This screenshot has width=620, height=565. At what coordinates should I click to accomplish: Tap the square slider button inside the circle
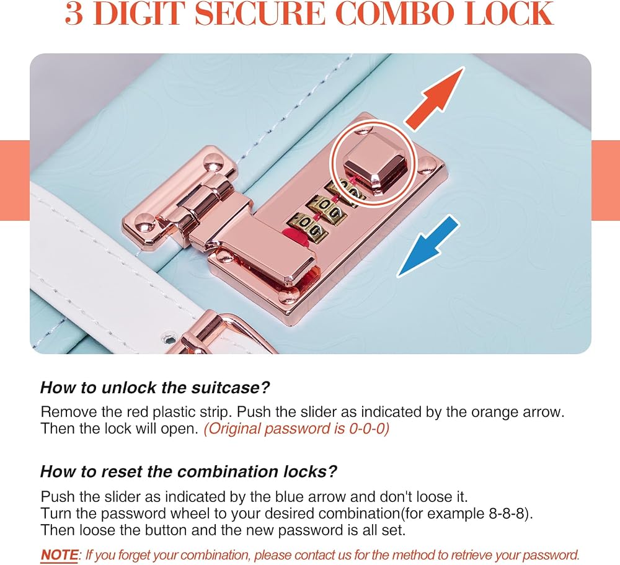tap(374, 163)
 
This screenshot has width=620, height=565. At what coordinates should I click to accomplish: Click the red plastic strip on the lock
tap(295, 236)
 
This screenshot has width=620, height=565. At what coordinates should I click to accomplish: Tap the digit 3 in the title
tap(74, 14)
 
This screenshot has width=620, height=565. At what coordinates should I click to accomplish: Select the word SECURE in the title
tap(259, 14)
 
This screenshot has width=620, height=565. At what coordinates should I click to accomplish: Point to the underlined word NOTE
tap(60, 554)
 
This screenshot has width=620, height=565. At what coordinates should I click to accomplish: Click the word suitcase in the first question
tap(226, 388)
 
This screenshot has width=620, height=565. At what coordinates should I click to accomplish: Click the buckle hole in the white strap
tap(169, 340)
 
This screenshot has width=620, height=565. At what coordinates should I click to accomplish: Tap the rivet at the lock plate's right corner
tap(427, 164)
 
